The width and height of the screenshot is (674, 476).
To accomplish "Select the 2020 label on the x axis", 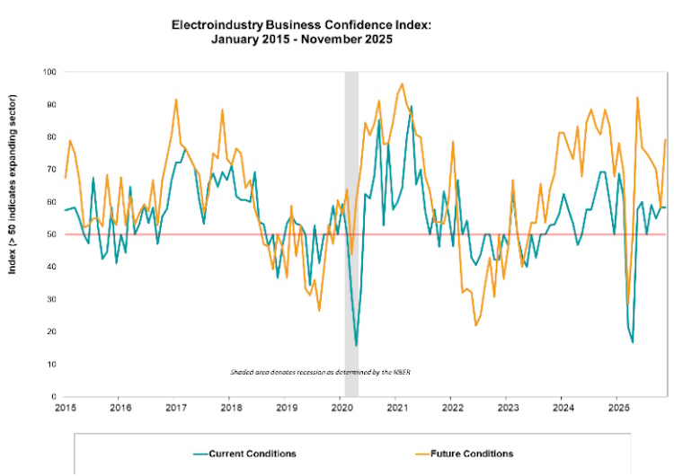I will point(341,408).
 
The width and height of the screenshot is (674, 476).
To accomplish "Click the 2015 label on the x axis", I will point(65,408).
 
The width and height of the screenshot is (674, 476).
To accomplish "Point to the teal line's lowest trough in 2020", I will point(356,346).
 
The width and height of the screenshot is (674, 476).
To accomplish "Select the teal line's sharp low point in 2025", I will point(633,342).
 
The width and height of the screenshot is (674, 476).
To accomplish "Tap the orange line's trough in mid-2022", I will point(475,325).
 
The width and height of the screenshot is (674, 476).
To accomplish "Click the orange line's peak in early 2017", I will point(176,99).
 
